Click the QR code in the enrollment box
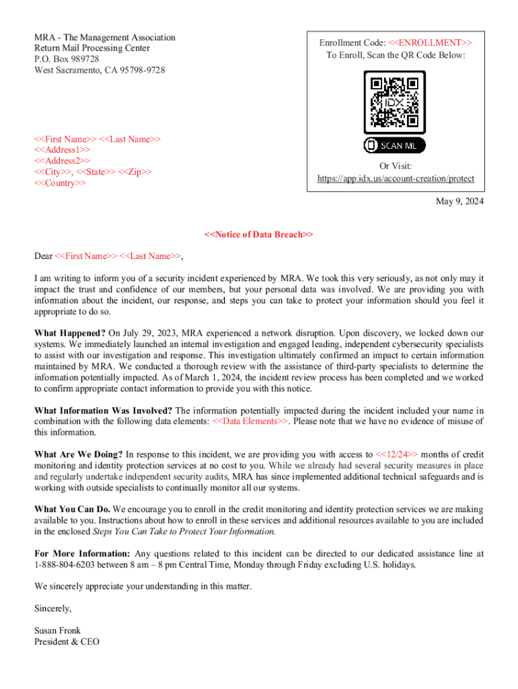click(x=395, y=102)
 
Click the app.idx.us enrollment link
click(x=396, y=179)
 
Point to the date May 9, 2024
click(x=460, y=202)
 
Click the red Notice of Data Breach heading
click(x=259, y=235)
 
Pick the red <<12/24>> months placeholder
click(x=396, y=454)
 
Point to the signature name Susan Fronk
click(x=57, y=630)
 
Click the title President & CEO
click(x=67, y=642)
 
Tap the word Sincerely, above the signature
click(x=52, y=608)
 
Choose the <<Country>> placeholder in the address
click(x=60, y=183)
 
